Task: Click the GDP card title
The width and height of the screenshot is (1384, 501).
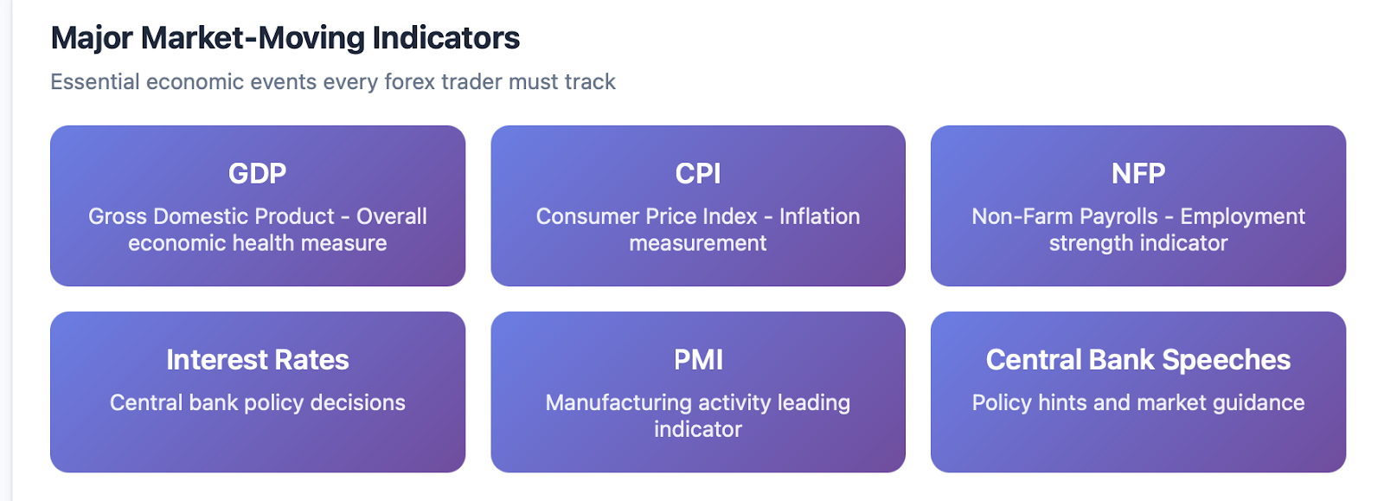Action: click(258, 174)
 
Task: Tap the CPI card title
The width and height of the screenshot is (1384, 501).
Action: click(698, 174)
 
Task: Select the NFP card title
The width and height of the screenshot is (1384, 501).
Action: click(1138, 174)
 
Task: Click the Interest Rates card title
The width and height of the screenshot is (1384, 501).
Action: click(258, 360)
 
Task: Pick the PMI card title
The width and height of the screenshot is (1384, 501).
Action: click(698, 360)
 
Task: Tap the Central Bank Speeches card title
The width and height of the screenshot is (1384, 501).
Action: click(1138, 360)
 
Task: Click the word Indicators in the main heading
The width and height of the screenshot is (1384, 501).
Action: click(446, 38)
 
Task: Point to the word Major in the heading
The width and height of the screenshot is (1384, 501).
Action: click(92, 39)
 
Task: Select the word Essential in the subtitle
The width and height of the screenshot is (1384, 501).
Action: click(95, 81)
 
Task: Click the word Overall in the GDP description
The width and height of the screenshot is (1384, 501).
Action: click(392, 216)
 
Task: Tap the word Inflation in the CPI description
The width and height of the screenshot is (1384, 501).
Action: click(820, 216)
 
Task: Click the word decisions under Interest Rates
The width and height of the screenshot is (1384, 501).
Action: click(358, 402)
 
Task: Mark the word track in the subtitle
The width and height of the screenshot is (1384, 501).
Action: click(592, 81)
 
